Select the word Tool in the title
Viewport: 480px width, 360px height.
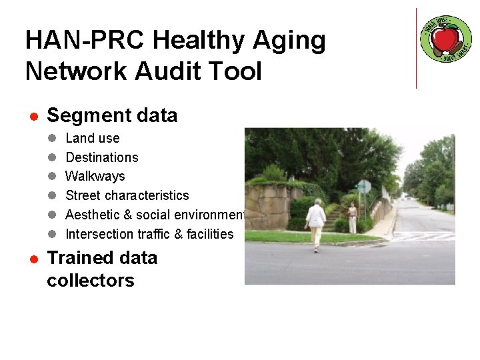click(237, 71)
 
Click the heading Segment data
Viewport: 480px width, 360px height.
click(112, 115)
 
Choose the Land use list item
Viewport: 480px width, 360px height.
click(93, 138)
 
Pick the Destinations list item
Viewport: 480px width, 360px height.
click(102, 157)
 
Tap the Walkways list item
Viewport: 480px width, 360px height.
click(95, 177)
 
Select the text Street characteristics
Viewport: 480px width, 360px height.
click(127, 195)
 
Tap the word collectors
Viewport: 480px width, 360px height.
click(91, 281)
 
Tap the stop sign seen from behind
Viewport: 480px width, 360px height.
click(364, 187)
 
